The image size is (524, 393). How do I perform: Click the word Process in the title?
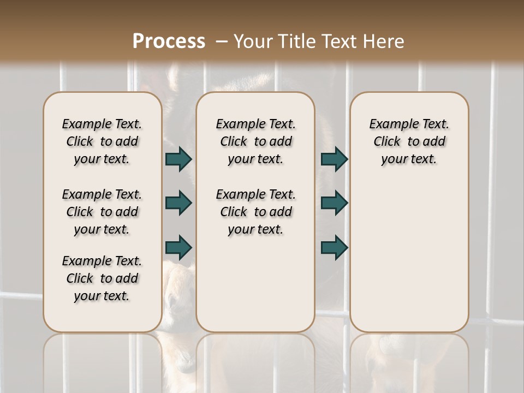click(169, 41)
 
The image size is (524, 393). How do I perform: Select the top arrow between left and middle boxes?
click(178, 159)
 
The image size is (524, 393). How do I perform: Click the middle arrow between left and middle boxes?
click(178, 203)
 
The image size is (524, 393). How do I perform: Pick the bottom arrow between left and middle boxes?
click(178, 247)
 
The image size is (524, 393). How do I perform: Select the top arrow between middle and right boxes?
click(334, 159)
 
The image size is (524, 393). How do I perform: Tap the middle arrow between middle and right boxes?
click(334, 203)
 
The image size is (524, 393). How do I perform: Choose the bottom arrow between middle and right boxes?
click(334, 247)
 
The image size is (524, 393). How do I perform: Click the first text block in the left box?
click(102, 141)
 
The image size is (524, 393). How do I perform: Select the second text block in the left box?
click(102, 212)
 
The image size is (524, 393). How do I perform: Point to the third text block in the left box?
click(102, 278)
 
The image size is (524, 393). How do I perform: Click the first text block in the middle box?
click(255, 141)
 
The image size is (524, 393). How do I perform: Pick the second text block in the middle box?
click(255, 212)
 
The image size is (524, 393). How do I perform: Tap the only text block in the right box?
click(409, 141)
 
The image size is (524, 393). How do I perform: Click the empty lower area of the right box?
click(409, 257)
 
